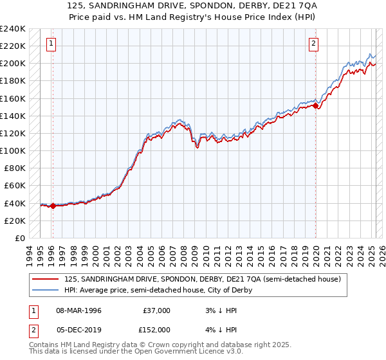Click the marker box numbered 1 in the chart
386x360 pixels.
tap(51, 44)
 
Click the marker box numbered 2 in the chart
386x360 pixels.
tap(313, 44)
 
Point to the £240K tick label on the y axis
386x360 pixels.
tap(13, 29)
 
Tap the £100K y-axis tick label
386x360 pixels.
tap(13, 150)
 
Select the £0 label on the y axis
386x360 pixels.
tap(19, 238)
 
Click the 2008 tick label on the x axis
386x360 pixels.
tap(182, 254)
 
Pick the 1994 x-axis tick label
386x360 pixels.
tap(29, 254)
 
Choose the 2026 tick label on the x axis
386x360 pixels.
tap(379, 254)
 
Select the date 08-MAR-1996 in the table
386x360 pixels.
tap(79, 310)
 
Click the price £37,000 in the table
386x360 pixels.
tap(156, 310)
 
